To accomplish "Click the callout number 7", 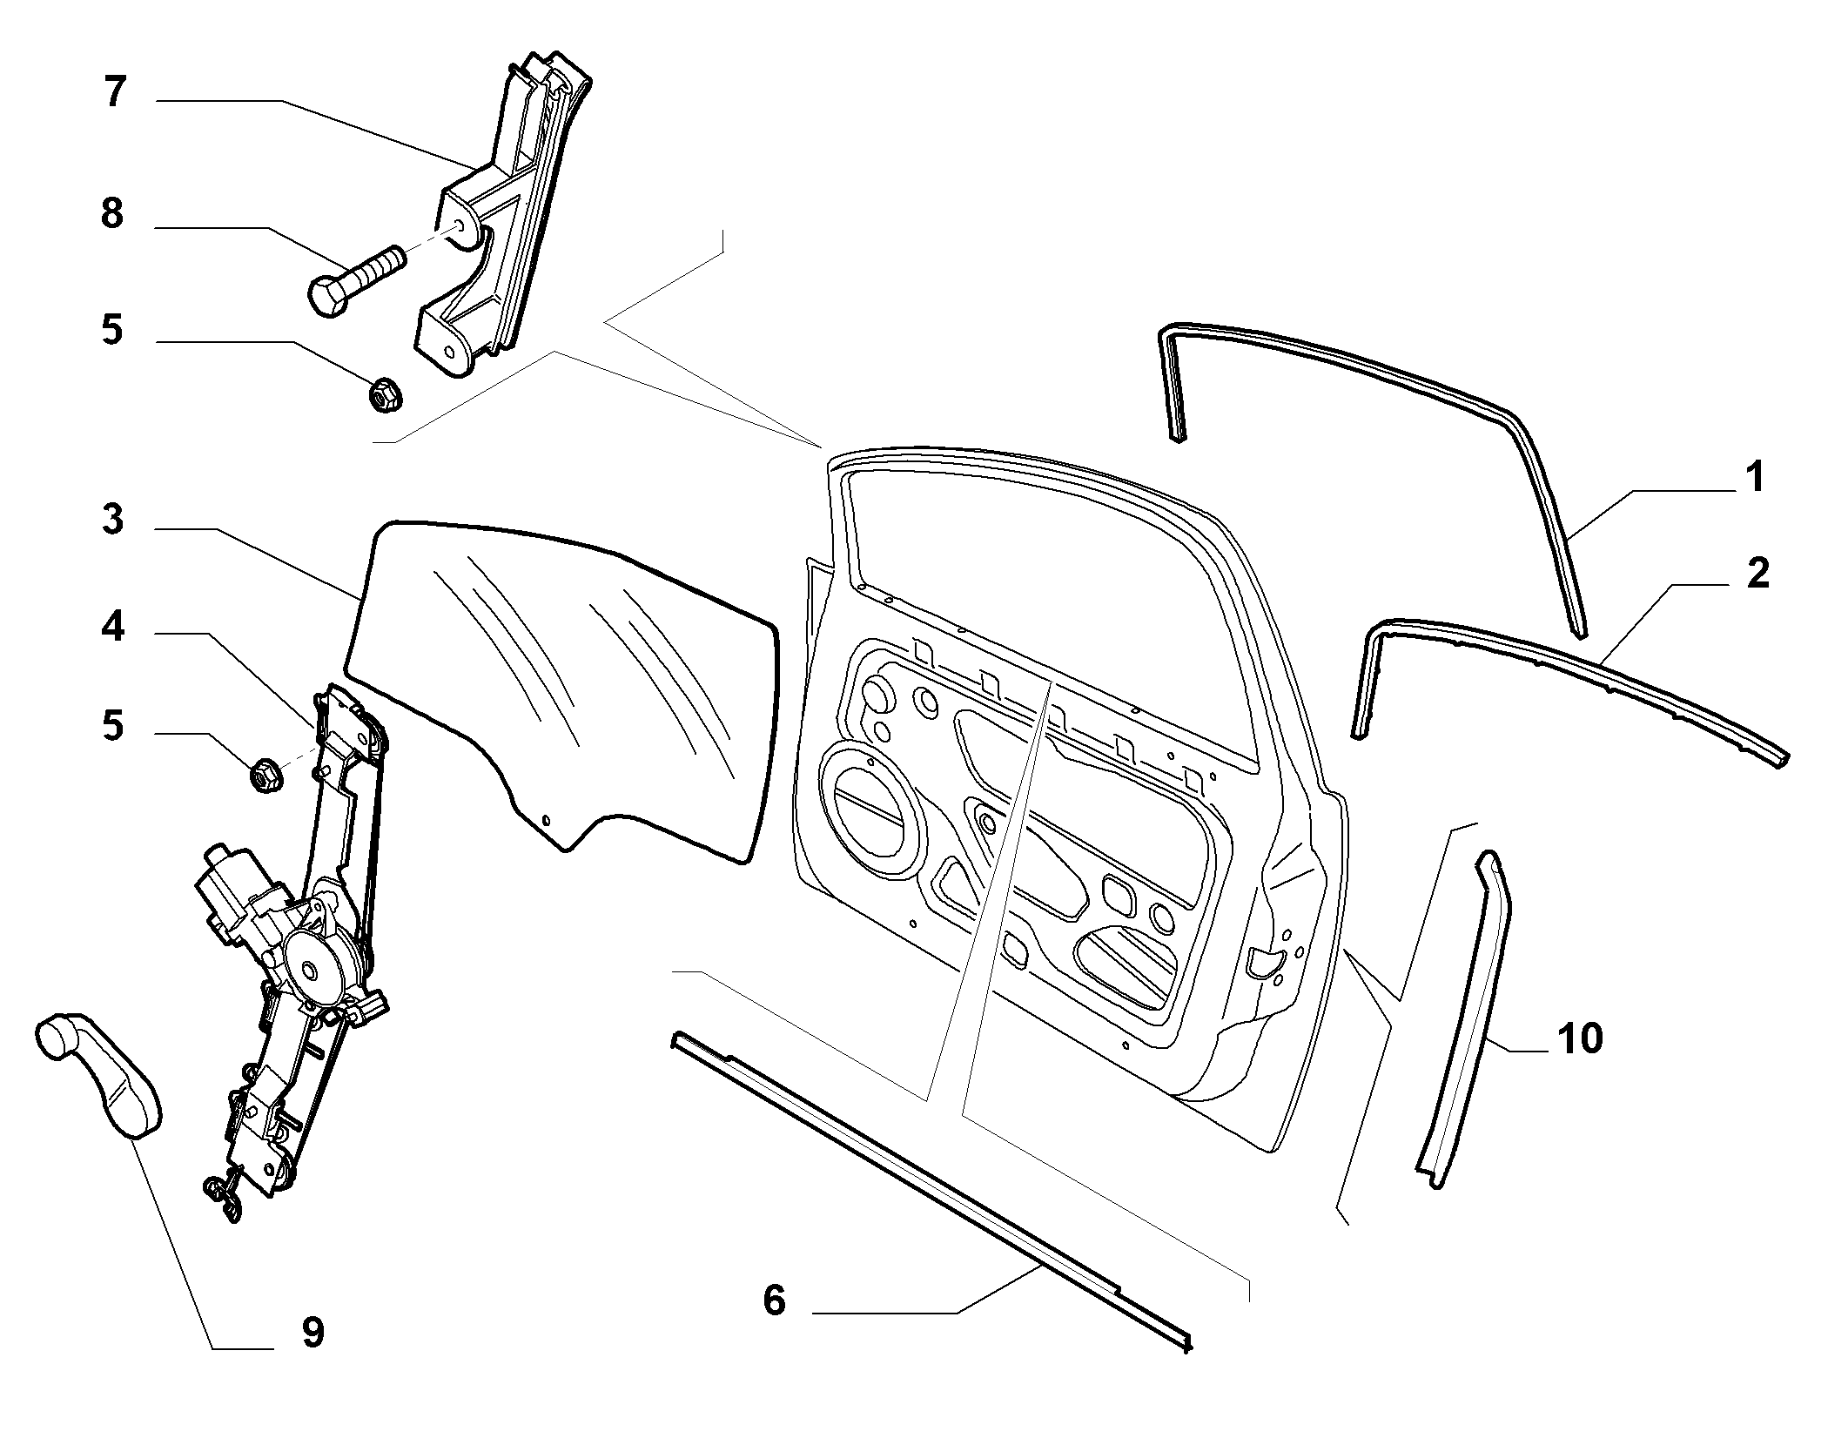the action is [x=114, y=92].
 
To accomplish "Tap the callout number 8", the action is [x=112, y=213].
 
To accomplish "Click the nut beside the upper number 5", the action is [x=384, y=396].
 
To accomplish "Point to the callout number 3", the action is [x=113, y=521].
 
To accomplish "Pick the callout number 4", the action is [x=112, y=628].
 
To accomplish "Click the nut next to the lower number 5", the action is [x=264, y=776].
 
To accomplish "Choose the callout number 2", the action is [x=1757, y=575].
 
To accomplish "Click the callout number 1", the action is [x=1755, y=478].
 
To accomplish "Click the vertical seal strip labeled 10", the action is [x=1463, y=1019].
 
